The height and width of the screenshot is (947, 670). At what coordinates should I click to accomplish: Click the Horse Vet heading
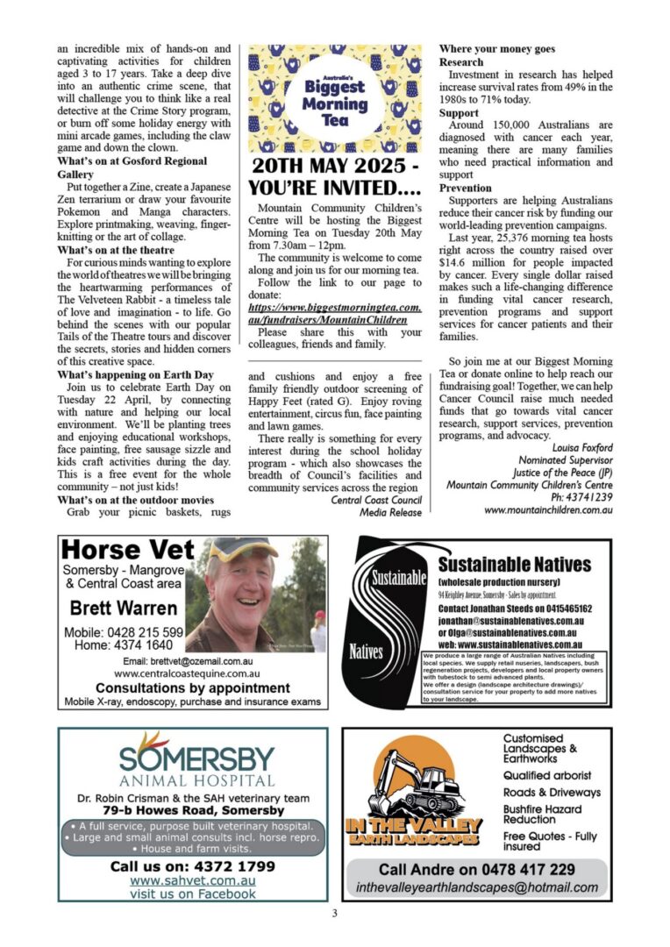128,552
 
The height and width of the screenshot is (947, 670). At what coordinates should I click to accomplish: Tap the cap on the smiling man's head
242,551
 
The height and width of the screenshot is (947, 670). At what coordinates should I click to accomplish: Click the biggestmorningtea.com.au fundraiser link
334,314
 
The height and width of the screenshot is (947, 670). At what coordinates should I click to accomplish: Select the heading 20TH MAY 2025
334,167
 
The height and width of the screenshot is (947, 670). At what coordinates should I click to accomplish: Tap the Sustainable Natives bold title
514,564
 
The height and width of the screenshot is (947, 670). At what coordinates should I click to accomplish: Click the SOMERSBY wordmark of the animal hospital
196,755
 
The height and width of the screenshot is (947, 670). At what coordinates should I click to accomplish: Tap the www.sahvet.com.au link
193,880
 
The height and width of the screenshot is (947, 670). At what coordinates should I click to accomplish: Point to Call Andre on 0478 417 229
477,869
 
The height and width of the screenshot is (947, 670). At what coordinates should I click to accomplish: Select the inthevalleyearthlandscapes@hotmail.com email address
477,886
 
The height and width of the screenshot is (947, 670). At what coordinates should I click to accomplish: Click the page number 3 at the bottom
334,914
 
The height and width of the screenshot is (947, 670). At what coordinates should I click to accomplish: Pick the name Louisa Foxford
582,447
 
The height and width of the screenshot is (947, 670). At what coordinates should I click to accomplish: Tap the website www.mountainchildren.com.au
547,509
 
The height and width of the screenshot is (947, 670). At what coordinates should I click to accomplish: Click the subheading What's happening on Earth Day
136,374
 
